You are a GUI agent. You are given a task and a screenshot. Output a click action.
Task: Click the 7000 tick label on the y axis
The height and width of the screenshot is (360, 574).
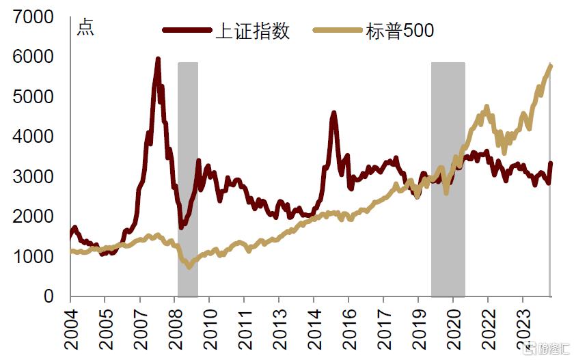click(33, 17)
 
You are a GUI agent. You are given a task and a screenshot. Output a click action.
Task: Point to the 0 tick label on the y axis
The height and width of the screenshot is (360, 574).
click(49, 296)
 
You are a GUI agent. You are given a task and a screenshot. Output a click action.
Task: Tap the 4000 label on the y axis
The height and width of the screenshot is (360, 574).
click(33, 137)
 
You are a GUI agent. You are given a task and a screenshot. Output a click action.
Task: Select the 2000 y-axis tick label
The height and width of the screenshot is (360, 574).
click(33, 217)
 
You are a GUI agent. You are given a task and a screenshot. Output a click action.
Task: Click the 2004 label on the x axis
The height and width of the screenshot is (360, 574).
click(71, 329)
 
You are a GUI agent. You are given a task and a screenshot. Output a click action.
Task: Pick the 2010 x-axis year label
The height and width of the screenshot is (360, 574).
click(210, 329)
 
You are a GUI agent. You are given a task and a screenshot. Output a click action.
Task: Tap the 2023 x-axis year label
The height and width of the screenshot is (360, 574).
click(523, 329)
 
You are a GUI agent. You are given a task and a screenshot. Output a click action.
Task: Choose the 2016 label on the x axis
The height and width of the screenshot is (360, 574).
click(349, 329)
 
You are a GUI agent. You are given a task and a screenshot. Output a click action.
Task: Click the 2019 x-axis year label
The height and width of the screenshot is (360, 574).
click(419, 329)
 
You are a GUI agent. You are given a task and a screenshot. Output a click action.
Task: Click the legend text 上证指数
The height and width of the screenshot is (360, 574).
click(253, 30)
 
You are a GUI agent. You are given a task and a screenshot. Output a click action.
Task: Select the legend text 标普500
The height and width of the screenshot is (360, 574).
click(400, 30)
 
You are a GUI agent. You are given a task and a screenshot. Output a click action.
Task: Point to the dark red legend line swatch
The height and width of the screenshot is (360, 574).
click(187, 30)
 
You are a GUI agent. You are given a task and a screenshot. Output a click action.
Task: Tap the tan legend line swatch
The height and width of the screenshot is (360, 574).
click(338, 30)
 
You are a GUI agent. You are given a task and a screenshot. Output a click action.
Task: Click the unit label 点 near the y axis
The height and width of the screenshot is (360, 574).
click(85, 28)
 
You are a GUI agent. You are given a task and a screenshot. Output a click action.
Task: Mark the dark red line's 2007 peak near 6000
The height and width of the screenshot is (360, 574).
click(158, 59)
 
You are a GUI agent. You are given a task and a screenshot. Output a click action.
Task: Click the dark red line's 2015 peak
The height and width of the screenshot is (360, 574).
click(333, 113)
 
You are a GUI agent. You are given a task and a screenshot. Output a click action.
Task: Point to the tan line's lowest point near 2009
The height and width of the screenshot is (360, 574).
click(189, 266)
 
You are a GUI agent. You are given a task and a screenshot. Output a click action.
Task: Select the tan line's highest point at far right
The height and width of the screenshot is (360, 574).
click(551, 65)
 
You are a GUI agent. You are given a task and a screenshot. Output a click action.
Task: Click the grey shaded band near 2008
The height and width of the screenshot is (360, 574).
click(188, 179)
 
